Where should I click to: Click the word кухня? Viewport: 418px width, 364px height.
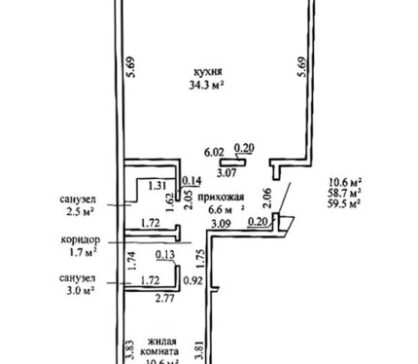click(x=207, y=72)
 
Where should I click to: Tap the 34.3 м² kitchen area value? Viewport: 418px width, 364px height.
click(x=207, y=86)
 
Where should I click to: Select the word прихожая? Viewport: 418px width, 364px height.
click(x=221, y=197)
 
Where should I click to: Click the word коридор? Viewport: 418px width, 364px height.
click(x=81, y=240)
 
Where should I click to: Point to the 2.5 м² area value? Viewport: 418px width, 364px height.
click(x=80, y=212)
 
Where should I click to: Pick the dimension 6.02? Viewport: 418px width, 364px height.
click(x=214, y=152)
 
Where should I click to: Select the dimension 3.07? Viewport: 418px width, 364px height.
click(x=226, y=172)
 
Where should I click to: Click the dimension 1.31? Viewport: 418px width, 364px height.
click(x=157, y=186)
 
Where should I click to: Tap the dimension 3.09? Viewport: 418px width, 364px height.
click(x=221, y=224)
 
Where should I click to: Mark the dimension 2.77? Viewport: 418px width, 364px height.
click(x=165, y=298)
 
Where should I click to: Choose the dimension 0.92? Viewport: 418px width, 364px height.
click(x=193, y=280)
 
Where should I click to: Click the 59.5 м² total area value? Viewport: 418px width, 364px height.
click(x=345, y=204)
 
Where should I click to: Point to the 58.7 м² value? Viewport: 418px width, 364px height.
click(x=345, y=193)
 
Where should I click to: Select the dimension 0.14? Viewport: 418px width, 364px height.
click(x=192, y=181)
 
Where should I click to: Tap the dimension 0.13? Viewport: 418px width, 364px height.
click(x=165, y=255)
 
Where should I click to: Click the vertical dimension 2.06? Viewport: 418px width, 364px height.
click(x=267, y=199)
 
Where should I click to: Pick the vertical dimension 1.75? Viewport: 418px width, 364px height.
click(x=201, y=259)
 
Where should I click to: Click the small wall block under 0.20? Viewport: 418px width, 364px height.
click(x=232, y=162)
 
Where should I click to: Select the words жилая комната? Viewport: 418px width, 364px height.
click(x=160, y=346)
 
